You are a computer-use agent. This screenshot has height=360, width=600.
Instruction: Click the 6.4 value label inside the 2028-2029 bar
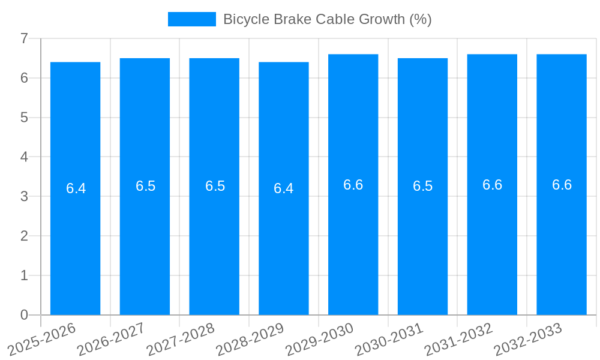click(x=283, y=188)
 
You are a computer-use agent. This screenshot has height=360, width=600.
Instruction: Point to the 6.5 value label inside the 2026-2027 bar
click(x=145, y=186)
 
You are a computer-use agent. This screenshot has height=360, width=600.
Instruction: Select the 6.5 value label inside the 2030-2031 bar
click(x=422, y=186)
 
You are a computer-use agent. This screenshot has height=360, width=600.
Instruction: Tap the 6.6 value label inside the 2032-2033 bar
click(x=562, y=185)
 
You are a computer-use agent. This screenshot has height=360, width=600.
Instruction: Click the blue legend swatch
click(x=191, y=19)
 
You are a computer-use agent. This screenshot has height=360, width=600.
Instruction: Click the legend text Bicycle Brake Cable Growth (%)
click(x=327, y=19)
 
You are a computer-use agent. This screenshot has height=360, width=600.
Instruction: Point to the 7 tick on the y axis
click(x=24, y=38)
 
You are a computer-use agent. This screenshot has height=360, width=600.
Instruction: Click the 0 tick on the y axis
click(x=24, y=315)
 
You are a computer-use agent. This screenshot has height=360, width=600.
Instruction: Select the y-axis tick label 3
click(x=24, y=196)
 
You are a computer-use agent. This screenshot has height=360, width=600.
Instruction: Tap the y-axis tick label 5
click(x=24, y=118)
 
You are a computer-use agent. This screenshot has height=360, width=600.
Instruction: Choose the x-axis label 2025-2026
click(x=43, y=339)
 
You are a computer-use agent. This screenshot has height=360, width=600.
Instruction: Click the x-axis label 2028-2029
click(x=250, y=339)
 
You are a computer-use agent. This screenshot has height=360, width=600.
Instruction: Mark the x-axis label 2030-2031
click(x=389, y=339)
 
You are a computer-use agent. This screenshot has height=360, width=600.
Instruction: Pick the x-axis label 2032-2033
click(x=528, y=339)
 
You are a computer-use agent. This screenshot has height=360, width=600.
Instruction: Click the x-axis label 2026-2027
click(x=112, y=339)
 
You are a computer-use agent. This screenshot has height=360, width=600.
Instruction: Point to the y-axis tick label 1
click(x=24, y=275)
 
